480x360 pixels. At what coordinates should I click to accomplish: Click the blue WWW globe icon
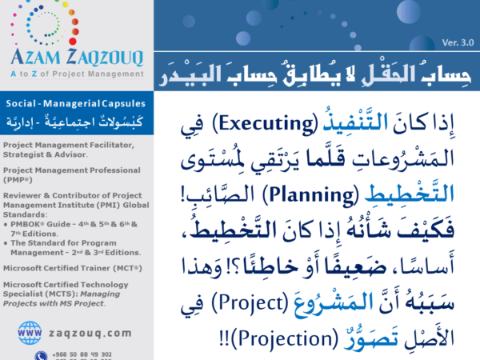(30, 331)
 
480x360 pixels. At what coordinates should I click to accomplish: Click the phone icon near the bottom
(41, 355)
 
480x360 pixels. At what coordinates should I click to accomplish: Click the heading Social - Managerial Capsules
(70, 105)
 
